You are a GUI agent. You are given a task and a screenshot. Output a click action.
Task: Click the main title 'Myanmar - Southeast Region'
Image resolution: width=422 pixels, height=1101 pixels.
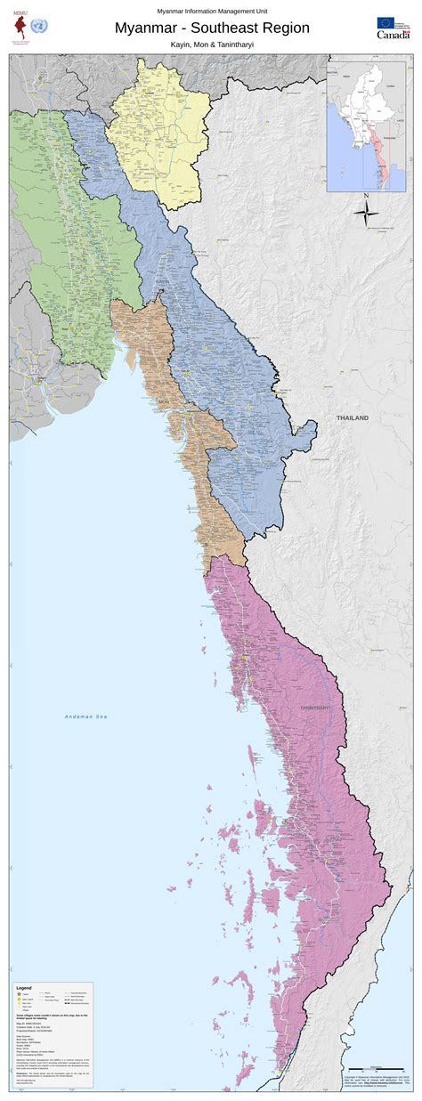tap(212, 28)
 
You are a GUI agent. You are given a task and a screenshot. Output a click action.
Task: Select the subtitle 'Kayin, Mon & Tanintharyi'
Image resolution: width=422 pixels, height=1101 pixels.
tap(212, 43)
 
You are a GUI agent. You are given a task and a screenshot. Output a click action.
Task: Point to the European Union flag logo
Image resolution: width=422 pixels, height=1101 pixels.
tap(387, 22)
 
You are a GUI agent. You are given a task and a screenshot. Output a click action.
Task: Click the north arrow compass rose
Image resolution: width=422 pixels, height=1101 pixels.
tap(366, 210)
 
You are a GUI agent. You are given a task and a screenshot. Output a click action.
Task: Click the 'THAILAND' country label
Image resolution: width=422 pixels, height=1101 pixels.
tap(352, 417)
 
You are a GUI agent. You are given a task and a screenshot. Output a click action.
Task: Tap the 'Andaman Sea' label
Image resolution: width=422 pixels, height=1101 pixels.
tap(85, 716)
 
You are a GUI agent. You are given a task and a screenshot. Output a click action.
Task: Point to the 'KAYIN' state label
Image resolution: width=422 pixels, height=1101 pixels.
tap(163, 281)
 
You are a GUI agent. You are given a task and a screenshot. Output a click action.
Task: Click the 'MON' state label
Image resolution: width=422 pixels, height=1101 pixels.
tap(163, 401)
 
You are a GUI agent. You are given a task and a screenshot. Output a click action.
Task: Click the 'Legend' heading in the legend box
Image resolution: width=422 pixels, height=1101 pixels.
tap(24, 988)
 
